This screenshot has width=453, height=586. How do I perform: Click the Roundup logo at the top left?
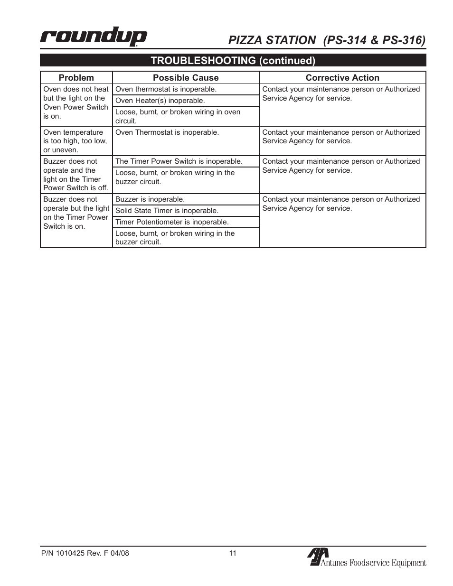(x=94, y=37)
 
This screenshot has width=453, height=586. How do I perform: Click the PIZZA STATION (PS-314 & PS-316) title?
(x=327, y=40)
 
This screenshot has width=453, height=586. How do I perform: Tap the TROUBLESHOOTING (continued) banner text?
(x=233, y=60)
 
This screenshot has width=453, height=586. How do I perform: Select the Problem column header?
(x=76, y=78)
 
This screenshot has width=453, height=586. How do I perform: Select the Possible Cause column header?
(x=186, y=78)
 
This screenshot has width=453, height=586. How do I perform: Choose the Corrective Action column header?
(x=342, y=78)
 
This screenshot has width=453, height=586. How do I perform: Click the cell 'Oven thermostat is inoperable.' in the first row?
(x=166, y=89)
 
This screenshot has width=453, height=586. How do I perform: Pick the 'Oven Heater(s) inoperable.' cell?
(x=160, y=101)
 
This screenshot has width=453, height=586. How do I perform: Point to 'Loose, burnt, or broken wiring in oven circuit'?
(x=178, y=116)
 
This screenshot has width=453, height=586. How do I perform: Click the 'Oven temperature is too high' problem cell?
(x=75, y=141)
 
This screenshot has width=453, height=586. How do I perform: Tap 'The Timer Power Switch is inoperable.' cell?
(x=179, y=161)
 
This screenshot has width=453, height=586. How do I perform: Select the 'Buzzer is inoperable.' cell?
(x=150, y=199)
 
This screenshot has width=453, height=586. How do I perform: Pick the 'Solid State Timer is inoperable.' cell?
(x=167, y=211)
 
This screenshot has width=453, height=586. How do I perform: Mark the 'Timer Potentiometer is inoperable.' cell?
(x=172, y=222)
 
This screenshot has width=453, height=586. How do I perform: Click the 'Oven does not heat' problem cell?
(x=75, y=102)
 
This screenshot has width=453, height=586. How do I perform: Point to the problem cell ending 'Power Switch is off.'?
(x=75, y=175)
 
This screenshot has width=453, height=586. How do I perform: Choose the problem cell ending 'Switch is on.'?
(x=76, y=213)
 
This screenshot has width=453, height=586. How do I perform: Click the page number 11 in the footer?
(x=233, y=553)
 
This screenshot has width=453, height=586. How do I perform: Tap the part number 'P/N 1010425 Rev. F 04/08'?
(x=85, y=553)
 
